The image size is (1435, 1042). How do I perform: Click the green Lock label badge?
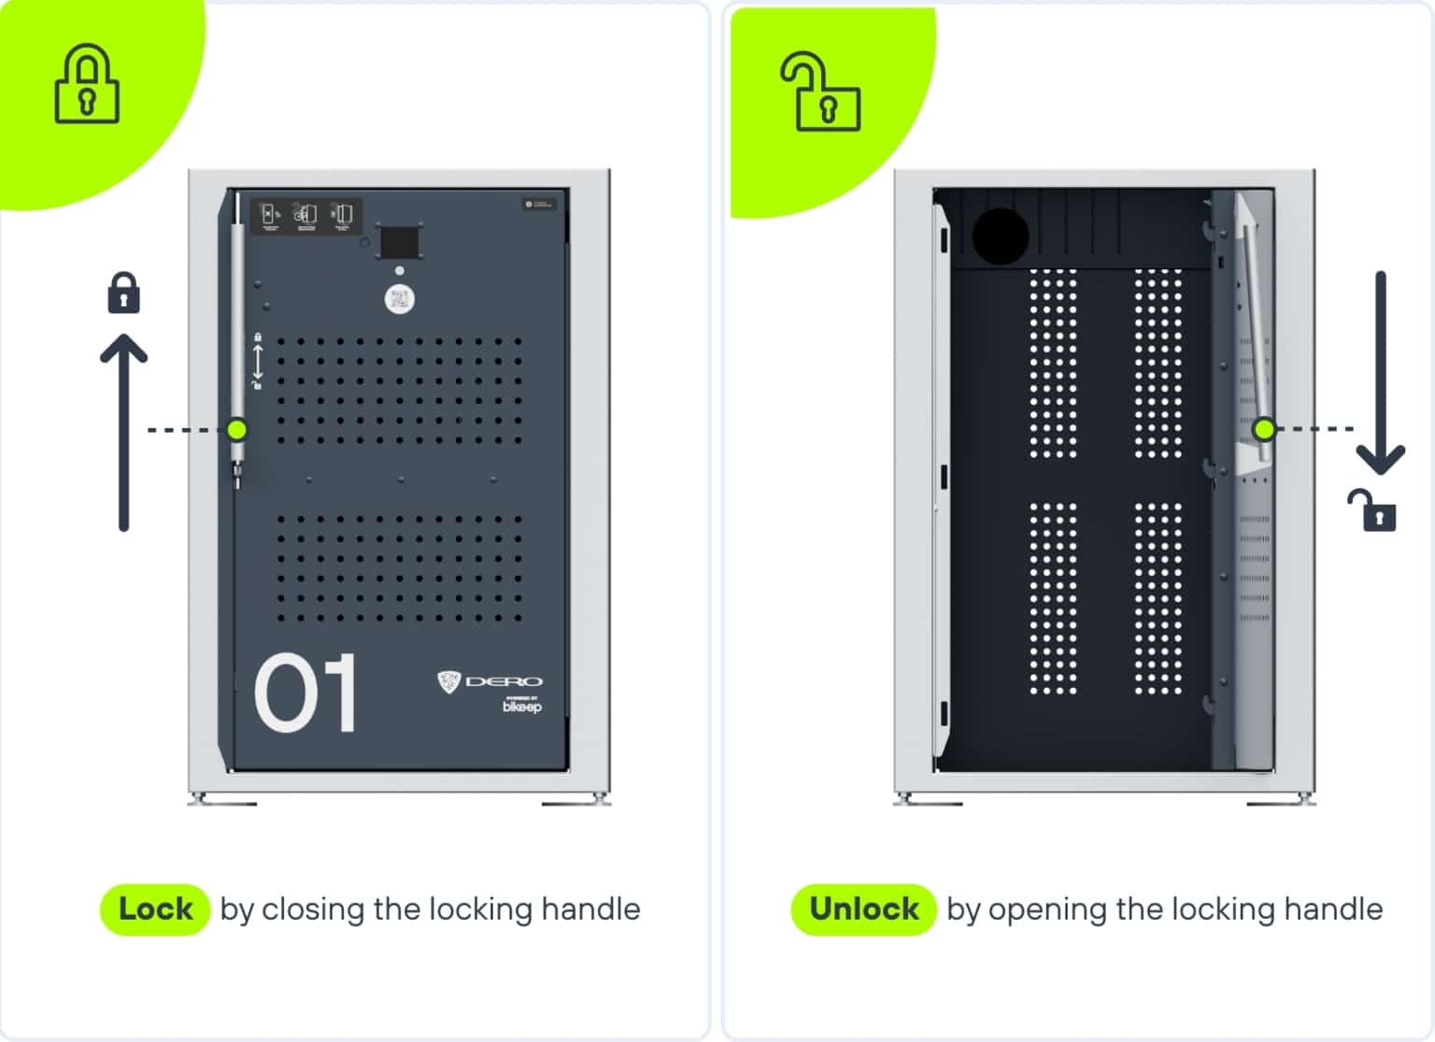[154, 909]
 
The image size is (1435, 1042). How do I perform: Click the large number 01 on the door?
[305, 692]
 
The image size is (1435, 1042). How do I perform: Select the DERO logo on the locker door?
[490, 681]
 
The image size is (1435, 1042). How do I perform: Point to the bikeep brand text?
[521, 707]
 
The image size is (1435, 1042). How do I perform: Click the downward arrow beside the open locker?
[1380, 374]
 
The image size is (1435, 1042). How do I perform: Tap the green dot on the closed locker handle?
[237, 430]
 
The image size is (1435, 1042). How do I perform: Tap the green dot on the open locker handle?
[1264, 429]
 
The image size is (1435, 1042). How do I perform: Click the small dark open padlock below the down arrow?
[1372, 510]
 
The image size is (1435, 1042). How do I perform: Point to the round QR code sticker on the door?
[400, 299]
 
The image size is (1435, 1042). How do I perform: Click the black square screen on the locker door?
[399, 243]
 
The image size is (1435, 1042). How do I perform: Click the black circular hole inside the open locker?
[1000, 235]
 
